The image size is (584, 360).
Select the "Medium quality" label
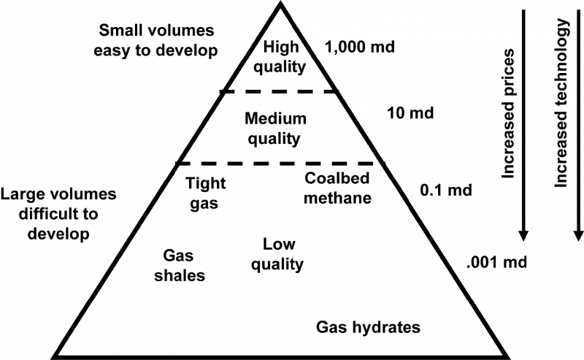point(275,129)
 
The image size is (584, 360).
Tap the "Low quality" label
point(277,254)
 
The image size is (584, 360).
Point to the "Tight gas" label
point(206,193)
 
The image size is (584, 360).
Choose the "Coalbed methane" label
point(337,188)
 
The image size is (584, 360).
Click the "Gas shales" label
point(180,265)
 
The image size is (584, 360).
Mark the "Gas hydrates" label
point(368,327)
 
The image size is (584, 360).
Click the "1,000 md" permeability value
point(359,47)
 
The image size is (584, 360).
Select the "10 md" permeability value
point(410,113)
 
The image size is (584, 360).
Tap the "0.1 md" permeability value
point(446,190)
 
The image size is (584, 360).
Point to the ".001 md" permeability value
point(496,262)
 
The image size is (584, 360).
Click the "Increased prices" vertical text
point(507,114)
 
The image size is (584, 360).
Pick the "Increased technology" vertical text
point(561,103)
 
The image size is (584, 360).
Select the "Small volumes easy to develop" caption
point(156,40)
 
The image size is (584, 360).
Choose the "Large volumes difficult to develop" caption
point(58,214)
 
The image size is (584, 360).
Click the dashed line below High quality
point(280,91)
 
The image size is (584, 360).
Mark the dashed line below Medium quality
point(280,164)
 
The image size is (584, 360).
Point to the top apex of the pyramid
point(280,3)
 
